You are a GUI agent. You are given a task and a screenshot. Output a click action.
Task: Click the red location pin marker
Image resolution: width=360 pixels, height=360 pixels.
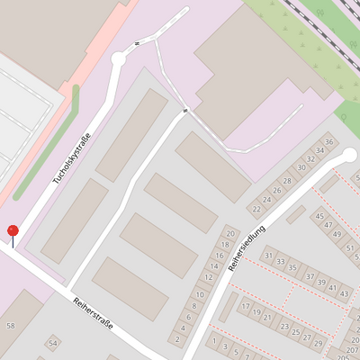13,232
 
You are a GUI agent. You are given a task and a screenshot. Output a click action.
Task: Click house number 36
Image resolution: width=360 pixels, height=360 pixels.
329,142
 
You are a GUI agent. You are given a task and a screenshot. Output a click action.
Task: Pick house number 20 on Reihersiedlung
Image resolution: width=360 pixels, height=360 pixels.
229,234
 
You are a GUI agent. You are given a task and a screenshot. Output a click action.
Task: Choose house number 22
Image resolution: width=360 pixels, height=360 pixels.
256,209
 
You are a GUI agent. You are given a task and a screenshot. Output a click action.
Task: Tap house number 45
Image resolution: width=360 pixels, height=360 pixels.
319,215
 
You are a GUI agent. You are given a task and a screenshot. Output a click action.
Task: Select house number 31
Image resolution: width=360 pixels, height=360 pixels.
268,256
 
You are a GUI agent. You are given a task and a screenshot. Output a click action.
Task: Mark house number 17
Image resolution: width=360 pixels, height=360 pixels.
245,307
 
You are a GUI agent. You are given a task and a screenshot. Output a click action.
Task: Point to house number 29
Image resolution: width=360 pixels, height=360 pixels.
318,343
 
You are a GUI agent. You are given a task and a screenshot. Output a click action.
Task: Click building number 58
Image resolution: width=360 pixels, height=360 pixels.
11,325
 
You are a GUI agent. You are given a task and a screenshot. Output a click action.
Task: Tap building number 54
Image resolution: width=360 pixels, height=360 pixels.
53,343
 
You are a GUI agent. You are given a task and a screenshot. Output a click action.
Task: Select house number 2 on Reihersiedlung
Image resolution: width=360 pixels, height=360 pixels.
178,338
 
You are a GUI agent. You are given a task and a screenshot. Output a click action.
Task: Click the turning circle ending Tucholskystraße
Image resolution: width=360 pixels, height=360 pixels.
118,59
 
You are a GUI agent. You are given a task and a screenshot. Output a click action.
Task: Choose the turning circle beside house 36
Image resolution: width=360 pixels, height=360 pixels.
349,155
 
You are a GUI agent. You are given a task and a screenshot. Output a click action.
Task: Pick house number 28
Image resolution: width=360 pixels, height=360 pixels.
288,180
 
